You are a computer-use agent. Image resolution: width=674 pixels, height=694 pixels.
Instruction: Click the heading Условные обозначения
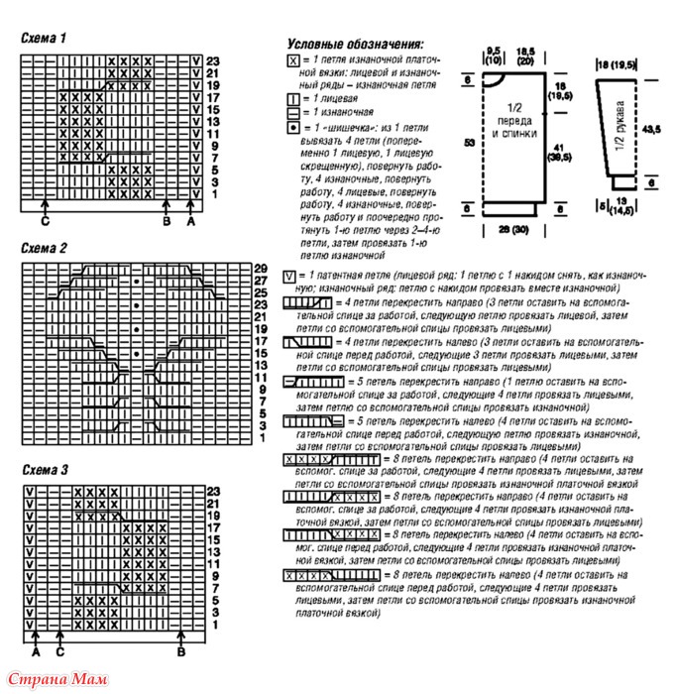point(354,45)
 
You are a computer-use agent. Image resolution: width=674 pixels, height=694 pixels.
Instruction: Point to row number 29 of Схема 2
point(261,268)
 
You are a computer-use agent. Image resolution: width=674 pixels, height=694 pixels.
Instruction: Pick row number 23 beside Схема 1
point(212,61)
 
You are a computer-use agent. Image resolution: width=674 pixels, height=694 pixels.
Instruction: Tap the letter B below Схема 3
point(181,651)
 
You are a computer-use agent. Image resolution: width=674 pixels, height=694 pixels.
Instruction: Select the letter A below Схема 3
point(35,651)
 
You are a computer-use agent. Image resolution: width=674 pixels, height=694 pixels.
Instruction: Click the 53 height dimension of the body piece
point(467,144)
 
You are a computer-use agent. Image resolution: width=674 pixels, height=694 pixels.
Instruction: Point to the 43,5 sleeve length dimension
point(651,130)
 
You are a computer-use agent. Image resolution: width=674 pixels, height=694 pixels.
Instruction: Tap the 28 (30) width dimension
point(511,229)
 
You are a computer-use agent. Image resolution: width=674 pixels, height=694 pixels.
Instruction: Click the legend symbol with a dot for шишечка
point(292,129)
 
